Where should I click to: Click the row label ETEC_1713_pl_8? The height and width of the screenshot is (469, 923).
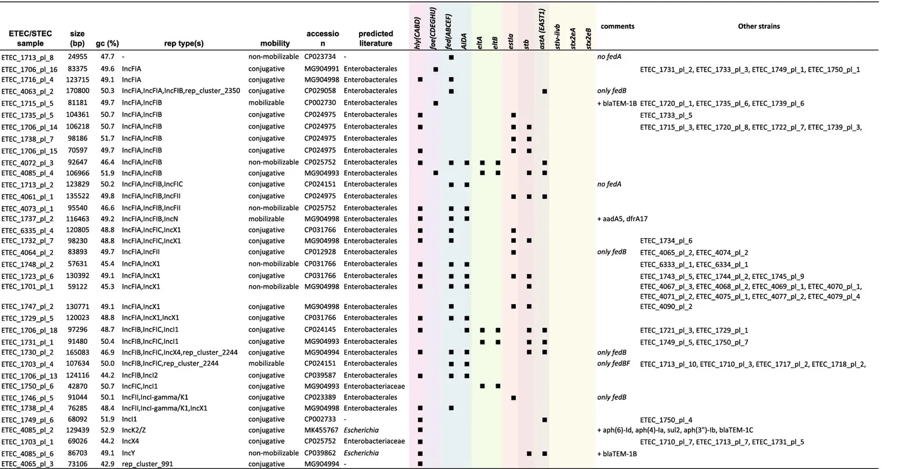(27, 57)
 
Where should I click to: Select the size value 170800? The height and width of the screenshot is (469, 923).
(79, 91)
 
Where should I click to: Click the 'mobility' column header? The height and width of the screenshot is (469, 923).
(275, 43)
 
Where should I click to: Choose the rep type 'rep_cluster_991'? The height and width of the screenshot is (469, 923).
(147, 464)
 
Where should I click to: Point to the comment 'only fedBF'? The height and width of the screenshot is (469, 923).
(613, 364)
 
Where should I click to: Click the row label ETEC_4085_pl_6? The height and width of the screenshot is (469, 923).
(27, 453)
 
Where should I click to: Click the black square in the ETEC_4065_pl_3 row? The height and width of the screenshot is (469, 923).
(420, 464)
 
